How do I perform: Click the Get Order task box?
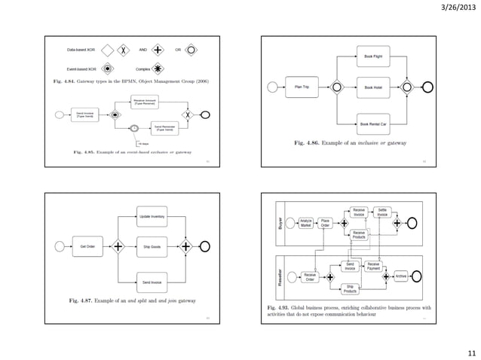[87, 246]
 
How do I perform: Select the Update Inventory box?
[152, 216]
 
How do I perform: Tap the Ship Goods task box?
[152, 246]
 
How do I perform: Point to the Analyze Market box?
[306, 223]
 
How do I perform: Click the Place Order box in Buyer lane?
[326, 223]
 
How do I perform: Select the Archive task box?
[401, 276]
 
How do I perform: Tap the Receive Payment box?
[373, 266]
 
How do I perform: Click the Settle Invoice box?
[382, 213]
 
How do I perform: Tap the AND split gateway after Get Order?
[118, 246]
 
